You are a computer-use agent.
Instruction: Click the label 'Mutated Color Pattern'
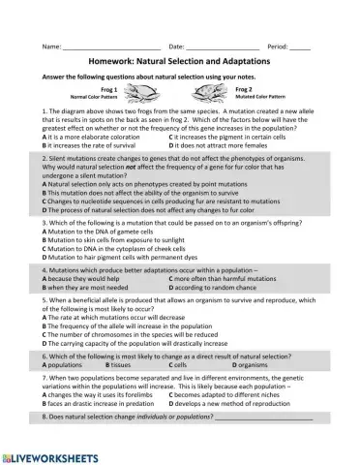tap(260, 98)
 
